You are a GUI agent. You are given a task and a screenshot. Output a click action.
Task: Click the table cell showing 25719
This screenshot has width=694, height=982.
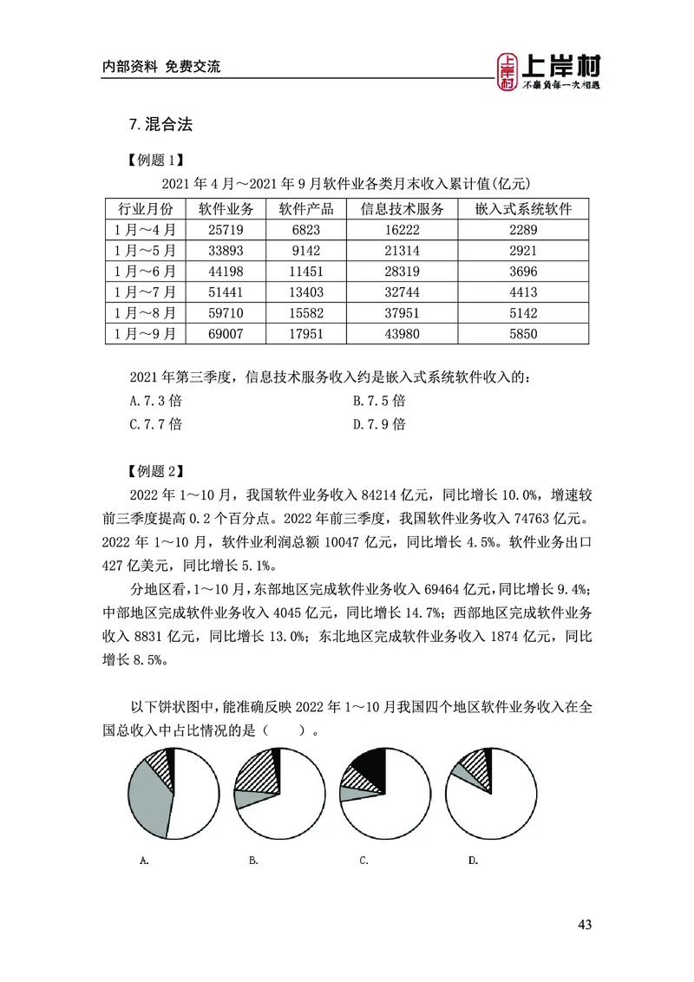coord(225,230)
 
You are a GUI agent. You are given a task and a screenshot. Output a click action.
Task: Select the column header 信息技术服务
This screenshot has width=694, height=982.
coord(402,209)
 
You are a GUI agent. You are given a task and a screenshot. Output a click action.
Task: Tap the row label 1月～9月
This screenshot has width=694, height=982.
coord(145,333)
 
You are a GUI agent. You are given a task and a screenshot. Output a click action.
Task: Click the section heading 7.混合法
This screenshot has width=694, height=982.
coord(160,125)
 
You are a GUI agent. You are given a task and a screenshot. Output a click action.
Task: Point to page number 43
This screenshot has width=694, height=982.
coord(584,925)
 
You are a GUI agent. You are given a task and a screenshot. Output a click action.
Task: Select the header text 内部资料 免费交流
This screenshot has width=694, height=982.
coord(161,66)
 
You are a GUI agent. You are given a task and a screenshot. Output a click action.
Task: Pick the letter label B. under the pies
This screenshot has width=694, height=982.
coord(253,861)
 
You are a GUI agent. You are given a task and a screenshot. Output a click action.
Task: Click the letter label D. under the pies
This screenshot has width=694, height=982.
coord(473,861)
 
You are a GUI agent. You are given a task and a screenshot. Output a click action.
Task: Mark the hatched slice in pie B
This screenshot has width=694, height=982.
coord(262,769)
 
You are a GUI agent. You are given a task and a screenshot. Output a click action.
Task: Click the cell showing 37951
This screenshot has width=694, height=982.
coord(402,312)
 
